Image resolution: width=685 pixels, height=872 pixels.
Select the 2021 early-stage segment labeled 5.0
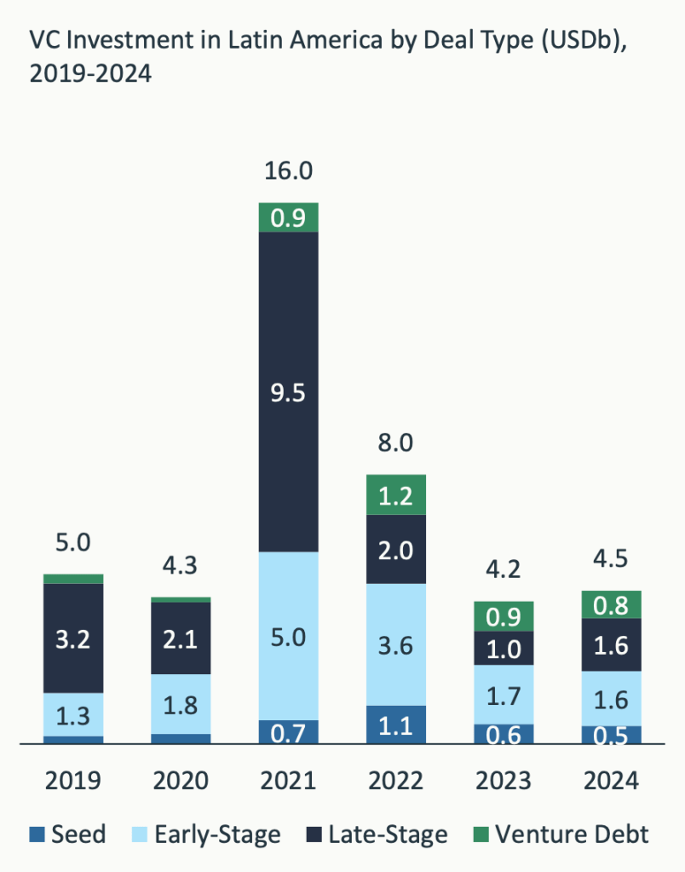289,636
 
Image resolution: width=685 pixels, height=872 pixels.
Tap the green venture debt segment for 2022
396,494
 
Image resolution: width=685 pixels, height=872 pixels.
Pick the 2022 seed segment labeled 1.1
396,725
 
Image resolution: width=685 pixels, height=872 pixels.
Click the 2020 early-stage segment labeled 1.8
181,703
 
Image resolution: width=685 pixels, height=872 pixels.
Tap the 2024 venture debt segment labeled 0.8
611,605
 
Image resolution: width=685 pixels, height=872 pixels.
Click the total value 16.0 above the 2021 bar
289,170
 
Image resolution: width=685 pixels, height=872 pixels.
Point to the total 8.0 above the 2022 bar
396,442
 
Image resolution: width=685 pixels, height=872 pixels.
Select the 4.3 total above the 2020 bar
181,566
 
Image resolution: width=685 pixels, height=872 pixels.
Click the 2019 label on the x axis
73,781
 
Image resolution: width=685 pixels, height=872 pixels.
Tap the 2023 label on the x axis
504,781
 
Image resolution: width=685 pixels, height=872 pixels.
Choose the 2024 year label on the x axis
611,781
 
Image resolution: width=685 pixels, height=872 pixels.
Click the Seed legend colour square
37,834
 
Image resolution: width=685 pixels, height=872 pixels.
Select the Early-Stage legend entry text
217,834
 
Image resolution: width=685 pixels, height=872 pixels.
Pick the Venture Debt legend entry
572,834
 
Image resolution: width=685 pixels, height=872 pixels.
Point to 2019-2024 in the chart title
90,75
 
